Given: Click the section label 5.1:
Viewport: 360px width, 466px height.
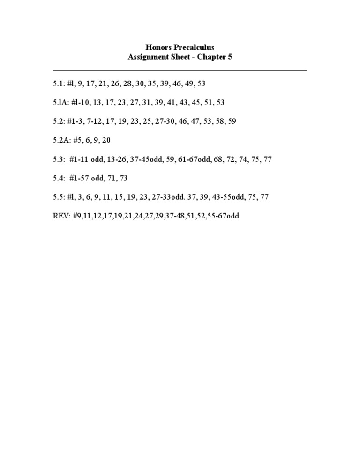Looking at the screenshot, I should (59, 83).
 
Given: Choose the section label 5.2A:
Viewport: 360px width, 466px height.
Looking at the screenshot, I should (63, 140).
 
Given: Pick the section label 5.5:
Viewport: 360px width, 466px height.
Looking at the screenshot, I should (59, 197).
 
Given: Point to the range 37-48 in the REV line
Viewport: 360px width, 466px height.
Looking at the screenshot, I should (176, 217).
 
